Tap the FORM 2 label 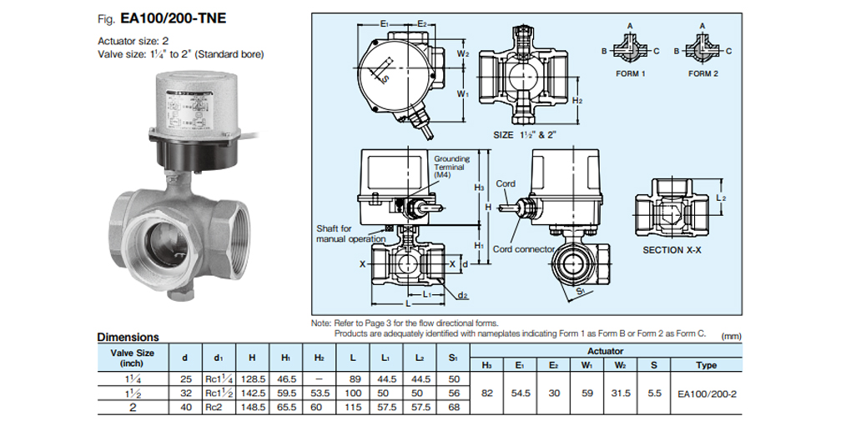click(x=702, y=73)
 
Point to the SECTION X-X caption click(x=670, y=248)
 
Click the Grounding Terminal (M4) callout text click(x=451, y=167)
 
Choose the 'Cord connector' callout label click(x=523, y=249)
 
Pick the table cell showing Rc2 click(x=216, y=407)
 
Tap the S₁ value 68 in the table click(x=453, y=407)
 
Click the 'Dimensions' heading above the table click(x=128, y=338)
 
